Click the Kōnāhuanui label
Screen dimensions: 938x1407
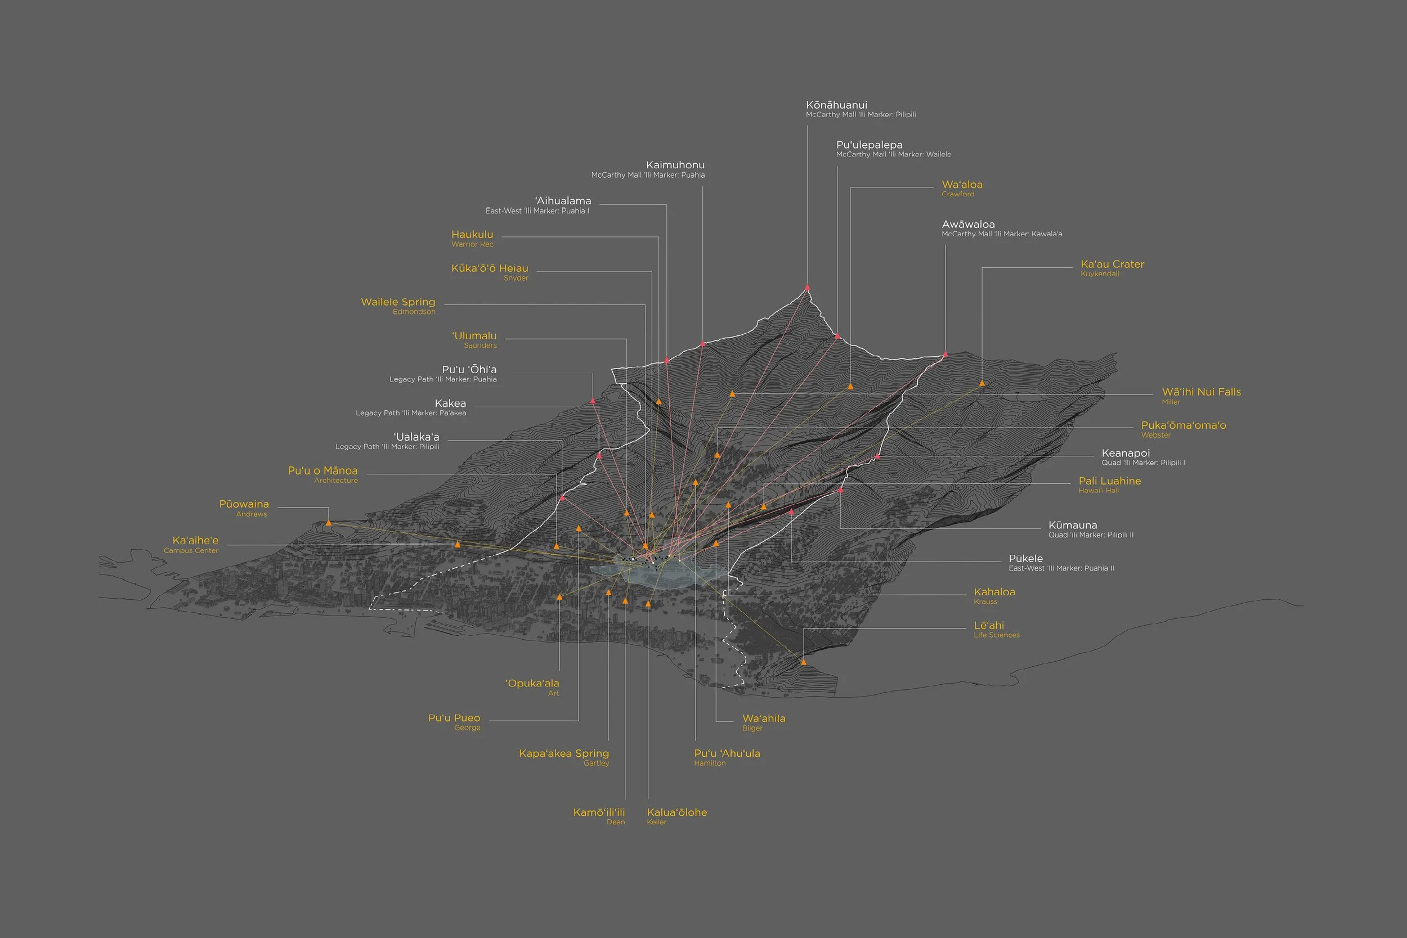(x=836, y=105)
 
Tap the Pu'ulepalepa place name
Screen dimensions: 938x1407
(x=869, y=145)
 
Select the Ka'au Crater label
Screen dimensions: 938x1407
(x=1112, y=264)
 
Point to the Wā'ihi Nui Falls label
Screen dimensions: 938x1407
(x=1201, y=392)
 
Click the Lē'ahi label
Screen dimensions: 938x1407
(x=989, y=625)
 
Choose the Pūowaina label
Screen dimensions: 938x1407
(x=244, y=504)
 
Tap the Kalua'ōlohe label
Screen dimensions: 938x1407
(x=676, y=813)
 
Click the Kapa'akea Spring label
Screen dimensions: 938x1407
(x=564, y=753)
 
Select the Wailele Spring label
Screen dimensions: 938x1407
(x=398, y=302)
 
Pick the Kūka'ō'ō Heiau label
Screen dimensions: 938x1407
(x=489, y=268)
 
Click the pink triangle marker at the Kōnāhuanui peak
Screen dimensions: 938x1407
(x=807, y=288)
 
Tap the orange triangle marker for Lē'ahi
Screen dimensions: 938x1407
(x=804, y=662)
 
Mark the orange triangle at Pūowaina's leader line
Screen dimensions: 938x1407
(x=329, y=523)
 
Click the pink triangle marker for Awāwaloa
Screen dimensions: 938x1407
(x=945, y=354)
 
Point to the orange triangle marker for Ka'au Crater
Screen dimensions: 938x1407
(x=982, y=383)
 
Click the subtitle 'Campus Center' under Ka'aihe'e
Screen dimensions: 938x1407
(x=191, y=550)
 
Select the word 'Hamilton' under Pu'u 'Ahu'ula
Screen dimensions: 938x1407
(x=710, y=764)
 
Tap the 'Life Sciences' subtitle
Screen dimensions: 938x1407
(x=997, y=635)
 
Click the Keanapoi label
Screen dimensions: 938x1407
(x=1125, y=454)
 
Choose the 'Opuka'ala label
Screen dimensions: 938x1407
(x=532, y=683)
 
